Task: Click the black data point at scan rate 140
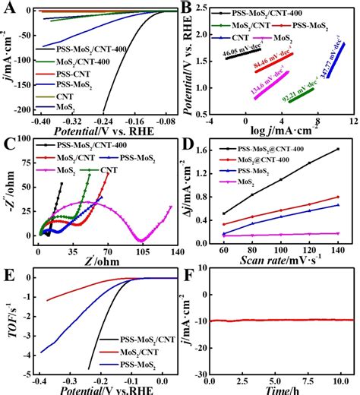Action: (x=337, y=150)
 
